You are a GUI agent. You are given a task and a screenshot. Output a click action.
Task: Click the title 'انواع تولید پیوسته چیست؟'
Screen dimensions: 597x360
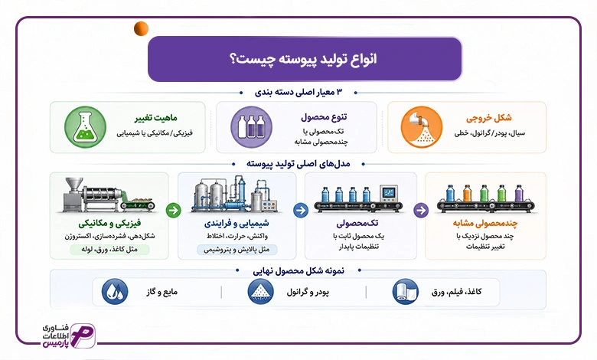pyautogui.click(x=303, y=59)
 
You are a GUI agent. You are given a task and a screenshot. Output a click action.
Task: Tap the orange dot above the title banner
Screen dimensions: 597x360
pyautogui.click(x=142, y=29)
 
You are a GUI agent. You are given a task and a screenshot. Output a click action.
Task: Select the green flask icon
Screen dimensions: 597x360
pyautogui.click(x=85, y=127)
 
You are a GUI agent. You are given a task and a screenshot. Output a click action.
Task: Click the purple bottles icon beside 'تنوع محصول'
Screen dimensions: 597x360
pyautogui.click(x=251, y=127)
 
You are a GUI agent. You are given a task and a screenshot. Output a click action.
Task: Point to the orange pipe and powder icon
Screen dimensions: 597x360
pyautogui.click(x=422, y=127)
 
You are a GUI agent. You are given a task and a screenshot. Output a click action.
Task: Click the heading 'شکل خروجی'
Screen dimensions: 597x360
pyautogui.click(x=489, y=118)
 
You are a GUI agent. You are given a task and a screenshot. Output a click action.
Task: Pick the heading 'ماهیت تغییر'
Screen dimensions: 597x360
pyautogui.click(x=155, y=118)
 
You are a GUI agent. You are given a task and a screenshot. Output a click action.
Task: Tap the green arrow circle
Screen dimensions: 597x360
pyautogui.click(x=173, y=210)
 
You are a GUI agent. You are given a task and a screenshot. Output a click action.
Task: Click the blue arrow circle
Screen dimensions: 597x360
pyautogui.click(x=301, y=210)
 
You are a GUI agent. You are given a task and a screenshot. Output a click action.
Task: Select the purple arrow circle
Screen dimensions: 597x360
pyautogui.click(x=421, y=210)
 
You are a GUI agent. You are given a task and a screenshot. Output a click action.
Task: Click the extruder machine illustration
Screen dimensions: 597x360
pyautogui.click(x=109, y=195)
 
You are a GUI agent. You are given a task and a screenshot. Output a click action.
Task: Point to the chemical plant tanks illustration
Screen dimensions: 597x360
pyautogui.click(x=236, y=194)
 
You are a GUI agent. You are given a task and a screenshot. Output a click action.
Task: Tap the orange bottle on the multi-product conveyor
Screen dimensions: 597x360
pyautogui.click(x=467, y=193)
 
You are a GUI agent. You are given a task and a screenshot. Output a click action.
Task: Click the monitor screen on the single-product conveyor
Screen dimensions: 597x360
pyautogui.click(x=389, y=193)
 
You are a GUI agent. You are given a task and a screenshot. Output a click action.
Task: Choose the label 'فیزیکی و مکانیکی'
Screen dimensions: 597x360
pyautogui.click(x=109, y=223)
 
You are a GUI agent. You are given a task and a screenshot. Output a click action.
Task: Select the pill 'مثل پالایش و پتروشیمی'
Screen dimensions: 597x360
pyautogui.click(x=237, y=250)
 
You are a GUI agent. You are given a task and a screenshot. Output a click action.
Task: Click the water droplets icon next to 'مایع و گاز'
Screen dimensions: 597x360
pyautogui.click(x=115, y=292)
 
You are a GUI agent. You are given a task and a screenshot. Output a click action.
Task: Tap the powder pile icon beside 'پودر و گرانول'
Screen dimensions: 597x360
pyautogui.click(x=260, y=292)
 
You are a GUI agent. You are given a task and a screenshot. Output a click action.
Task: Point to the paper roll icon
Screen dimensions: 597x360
pyautogui.click(x=405, y=292)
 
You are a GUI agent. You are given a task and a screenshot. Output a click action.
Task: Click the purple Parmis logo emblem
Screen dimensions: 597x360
pyautogui.click(x=83, y=335)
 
